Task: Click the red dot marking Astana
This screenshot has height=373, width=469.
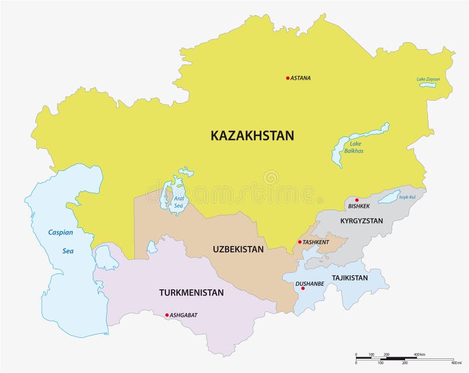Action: pyautogui.click(x=288, y=78)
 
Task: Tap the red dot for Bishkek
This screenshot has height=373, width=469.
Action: pyautogui.click(x=356, y=200)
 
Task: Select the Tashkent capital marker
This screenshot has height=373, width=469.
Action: pyautogui.click(x=300, y=242)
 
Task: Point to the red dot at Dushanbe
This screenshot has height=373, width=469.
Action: pyautogui.click(x=303, y=288)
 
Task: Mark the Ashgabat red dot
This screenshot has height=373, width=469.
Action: pyautogui.click(x=167, y=315)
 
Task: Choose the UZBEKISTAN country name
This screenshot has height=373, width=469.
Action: pyautogui.click(x=238, y=249)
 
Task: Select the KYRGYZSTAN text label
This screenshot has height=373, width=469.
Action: pyautogui.click(x=361, y=221)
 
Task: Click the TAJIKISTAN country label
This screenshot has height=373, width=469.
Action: pyautogui.click(x=349, y=278)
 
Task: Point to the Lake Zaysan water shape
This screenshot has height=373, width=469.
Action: pyautogui.click(x=427, y=85)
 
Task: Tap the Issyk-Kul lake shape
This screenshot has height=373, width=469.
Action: pyautogui.click(x=389, y=197)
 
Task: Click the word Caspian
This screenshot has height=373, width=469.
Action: pyautogui.click(x=60, y=232)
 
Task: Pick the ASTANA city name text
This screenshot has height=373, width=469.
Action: pyautogui.click(x=301, y=78)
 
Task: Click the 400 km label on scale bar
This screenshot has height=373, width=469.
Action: pyautogui.click(x=420, y=355)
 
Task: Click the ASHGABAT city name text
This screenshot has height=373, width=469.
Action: pyautogui.click(x=183, y=315)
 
